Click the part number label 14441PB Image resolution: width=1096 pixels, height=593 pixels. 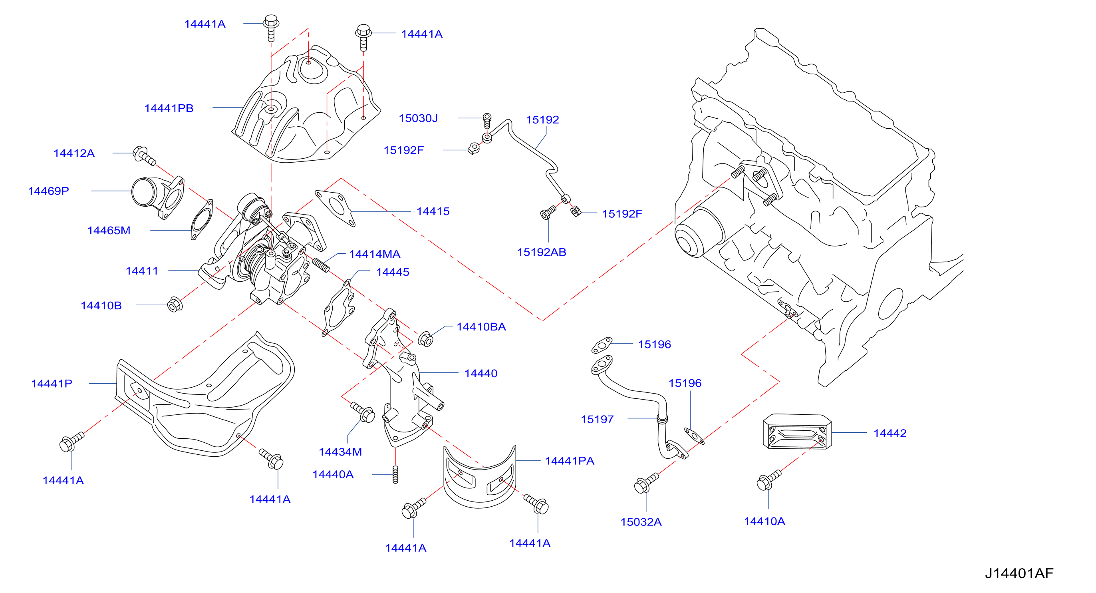coord(169,108)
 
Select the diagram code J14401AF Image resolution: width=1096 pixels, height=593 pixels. coord(1019,573)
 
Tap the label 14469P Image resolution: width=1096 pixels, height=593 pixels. coord(48,191)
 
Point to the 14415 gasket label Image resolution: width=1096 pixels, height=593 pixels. coord(433,211)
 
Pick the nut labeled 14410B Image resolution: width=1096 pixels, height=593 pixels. coord(175,304)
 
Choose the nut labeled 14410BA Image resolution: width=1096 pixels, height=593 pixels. coord(426,339)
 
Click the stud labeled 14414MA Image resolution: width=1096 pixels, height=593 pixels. coord(321,265)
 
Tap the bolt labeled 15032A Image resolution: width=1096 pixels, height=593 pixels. coord(646,483)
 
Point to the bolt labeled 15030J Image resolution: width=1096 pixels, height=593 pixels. coord(487,120)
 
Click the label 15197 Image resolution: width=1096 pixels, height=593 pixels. coord(598,419)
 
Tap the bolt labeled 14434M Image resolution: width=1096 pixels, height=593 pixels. coord(363,412)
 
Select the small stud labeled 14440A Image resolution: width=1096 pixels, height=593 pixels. coord(395,474)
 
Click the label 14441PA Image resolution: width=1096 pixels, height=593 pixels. coord(569,461)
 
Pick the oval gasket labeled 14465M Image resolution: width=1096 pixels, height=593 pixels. coord(202,220)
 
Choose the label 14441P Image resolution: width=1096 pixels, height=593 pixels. coord(52,384)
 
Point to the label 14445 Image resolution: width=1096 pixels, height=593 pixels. coord(393,272)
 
